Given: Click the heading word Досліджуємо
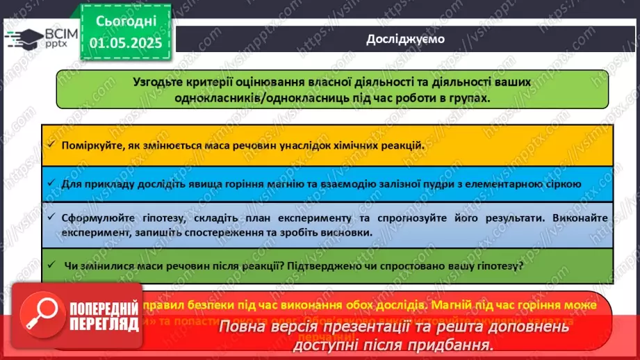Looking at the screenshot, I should [405, 39].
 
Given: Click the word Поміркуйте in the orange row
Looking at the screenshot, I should [90, 147].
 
